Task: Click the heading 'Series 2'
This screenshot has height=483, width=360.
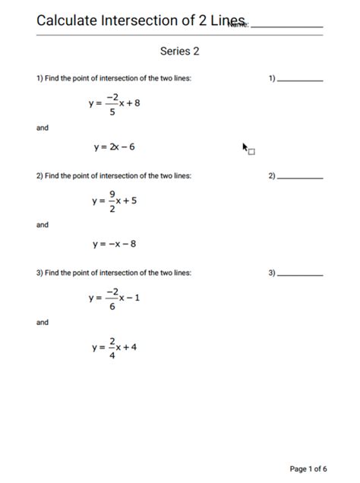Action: click(x=180, y=52)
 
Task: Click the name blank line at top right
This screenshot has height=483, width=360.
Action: click(x=286, y=26)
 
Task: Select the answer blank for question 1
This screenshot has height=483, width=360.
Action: click(x=300, y=80)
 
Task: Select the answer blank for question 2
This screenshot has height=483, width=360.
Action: click(x=300, y=178)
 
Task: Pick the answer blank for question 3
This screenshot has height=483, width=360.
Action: click(x=300, y=274)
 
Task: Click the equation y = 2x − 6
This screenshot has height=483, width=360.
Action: click(x=114, y=147)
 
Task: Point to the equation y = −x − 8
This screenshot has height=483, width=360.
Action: click(x=114, y=245)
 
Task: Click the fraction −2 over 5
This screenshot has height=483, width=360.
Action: click(x=112, y=104)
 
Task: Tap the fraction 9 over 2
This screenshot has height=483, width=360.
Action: click(x=112, y=201)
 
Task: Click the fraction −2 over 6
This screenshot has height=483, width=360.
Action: click(x=112, y=298)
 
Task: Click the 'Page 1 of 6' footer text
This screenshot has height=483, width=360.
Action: click(x=308, y=469)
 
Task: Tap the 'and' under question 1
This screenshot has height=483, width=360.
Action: click(x=43, y=128)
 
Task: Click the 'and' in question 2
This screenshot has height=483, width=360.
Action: click(x=43, y=225)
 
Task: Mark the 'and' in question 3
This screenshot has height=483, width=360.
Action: click(x=43, y=323)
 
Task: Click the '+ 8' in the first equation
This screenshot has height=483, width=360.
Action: click(x=133, y=103)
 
